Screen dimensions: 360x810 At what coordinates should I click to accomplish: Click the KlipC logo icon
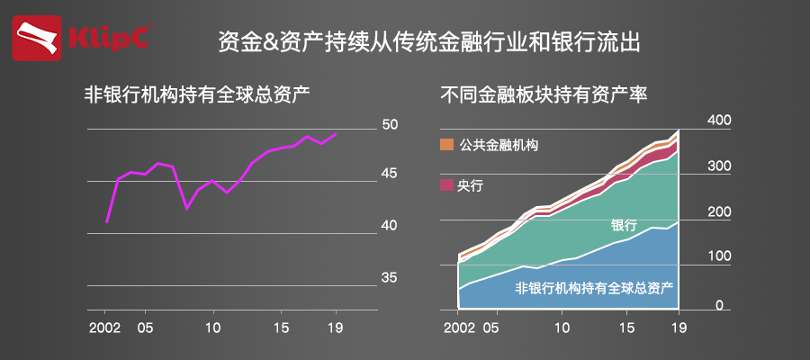point(38,39)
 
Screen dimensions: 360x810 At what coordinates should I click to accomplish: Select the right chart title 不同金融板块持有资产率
point(544,94)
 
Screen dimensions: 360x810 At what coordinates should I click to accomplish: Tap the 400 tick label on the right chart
point(720,121)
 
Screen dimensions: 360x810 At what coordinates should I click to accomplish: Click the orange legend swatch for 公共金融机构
point(446,145)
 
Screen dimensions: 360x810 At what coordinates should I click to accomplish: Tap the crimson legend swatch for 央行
point(446,185)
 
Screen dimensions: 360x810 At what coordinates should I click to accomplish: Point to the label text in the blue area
point(594,289)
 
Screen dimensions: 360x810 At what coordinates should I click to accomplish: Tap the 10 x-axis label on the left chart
point(212,324)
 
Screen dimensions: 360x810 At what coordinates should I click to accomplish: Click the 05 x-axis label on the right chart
point(490,324)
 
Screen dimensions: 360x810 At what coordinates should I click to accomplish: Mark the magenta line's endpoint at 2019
point(336,134)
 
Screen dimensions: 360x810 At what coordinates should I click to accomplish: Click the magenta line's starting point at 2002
point(107,221)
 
